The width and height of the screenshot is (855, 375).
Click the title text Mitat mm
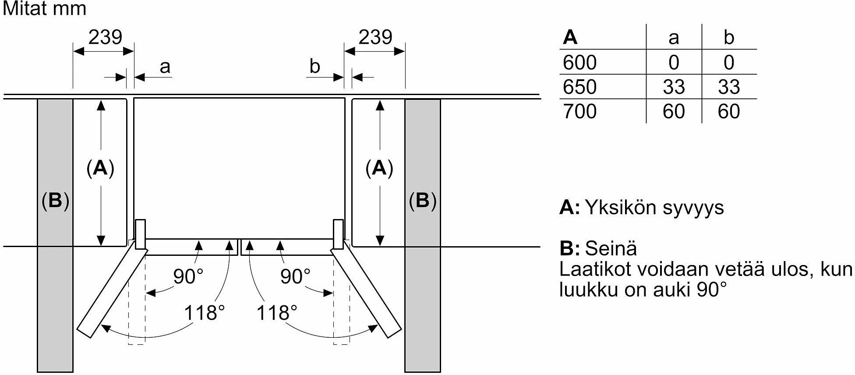[x=44, y=9]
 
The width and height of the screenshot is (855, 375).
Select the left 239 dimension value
[x=105, y=37]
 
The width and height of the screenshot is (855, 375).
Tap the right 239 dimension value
[x=375, y=37]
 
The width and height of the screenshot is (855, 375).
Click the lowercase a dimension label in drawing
[x=165, y=67]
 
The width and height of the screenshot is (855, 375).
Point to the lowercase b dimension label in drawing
[x=314, y=66]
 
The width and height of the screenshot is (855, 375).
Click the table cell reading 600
[x=579, y=62]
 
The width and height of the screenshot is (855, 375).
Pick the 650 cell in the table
[x=579, y=87]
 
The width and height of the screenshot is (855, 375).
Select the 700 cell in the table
[x=579, y=111]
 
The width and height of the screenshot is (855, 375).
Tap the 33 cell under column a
[x=674, y=87]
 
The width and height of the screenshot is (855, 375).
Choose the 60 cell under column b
[x=729, y=111]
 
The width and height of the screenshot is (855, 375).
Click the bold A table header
[x=570, y=37]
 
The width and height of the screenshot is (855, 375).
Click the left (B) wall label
[x=55, y=201]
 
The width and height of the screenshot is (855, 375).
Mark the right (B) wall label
[x=422, y=201]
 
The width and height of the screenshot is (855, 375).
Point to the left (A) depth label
[x=100, y=168]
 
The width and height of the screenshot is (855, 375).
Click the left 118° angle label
[x=204, y=313]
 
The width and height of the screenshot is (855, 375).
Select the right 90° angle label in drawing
[x=295, y=276]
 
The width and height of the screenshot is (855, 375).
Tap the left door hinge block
[x=140, y=235]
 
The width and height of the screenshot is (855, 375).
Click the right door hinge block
[x=339, y=235]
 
